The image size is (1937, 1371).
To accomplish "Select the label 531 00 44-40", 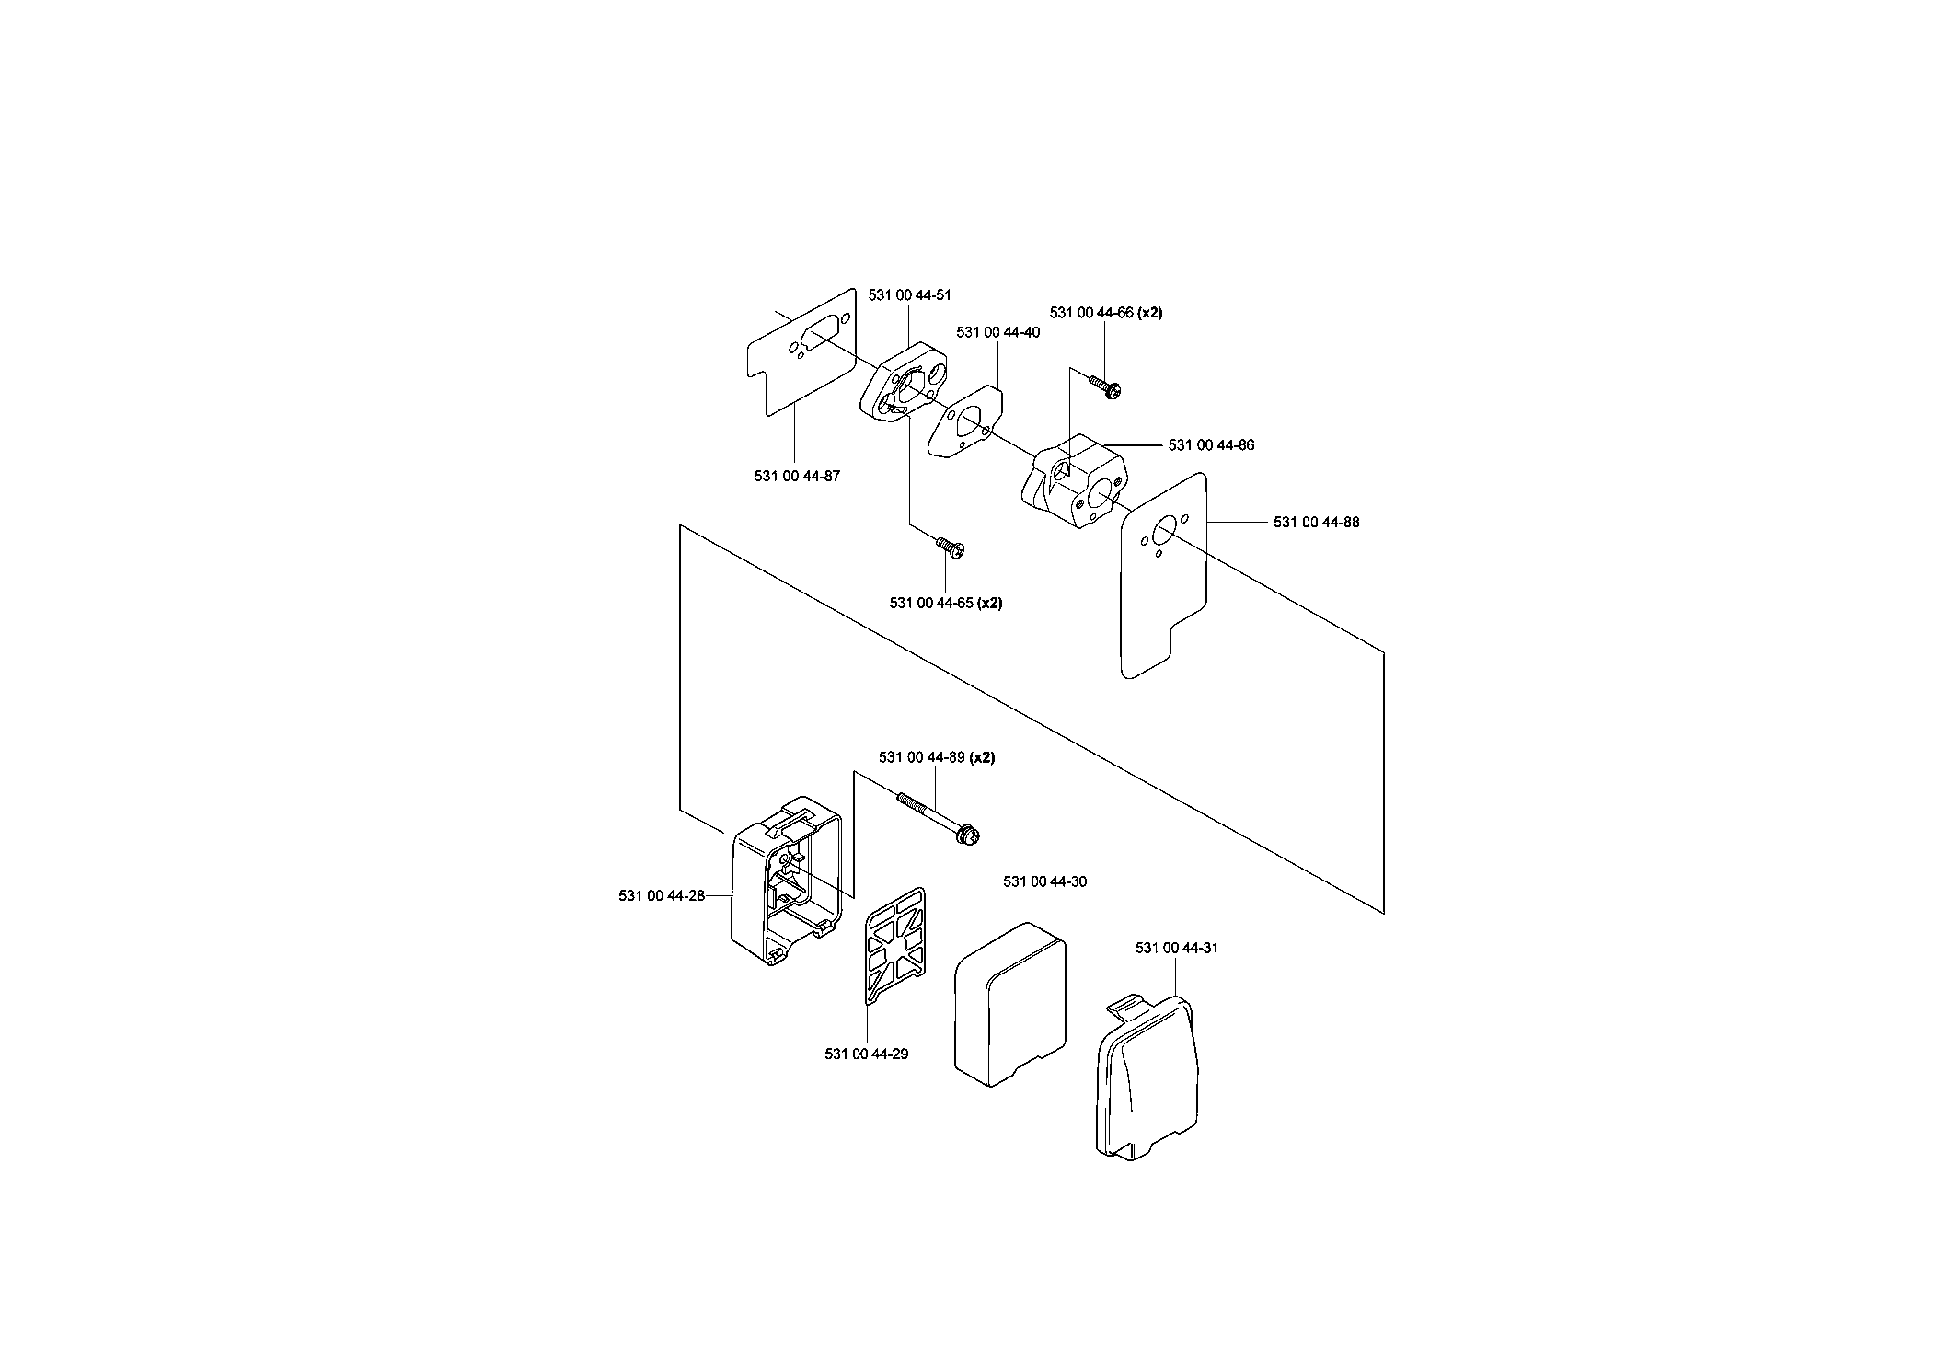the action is (997, 332).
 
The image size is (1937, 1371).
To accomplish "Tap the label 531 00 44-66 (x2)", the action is (1105, 313).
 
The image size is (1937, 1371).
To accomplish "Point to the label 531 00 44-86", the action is (1211, 445).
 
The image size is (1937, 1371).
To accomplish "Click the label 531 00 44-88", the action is (1316, 522).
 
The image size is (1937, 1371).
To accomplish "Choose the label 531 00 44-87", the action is (797, 476).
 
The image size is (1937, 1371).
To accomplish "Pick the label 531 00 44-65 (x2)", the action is (946, 603).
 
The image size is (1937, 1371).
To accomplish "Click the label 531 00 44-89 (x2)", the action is (937, 757).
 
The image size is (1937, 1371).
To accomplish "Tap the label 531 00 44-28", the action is (662, 895).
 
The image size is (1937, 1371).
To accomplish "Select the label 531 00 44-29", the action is (867, 1054).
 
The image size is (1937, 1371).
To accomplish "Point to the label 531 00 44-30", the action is (1044, 881).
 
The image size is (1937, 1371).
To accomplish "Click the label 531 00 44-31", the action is (1177, 948).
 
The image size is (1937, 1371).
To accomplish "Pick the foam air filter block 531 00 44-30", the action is (1011, 1003).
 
